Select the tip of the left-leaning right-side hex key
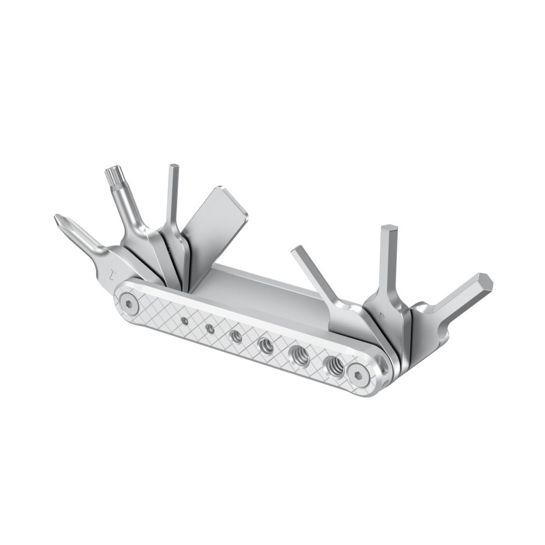point(299,251)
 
